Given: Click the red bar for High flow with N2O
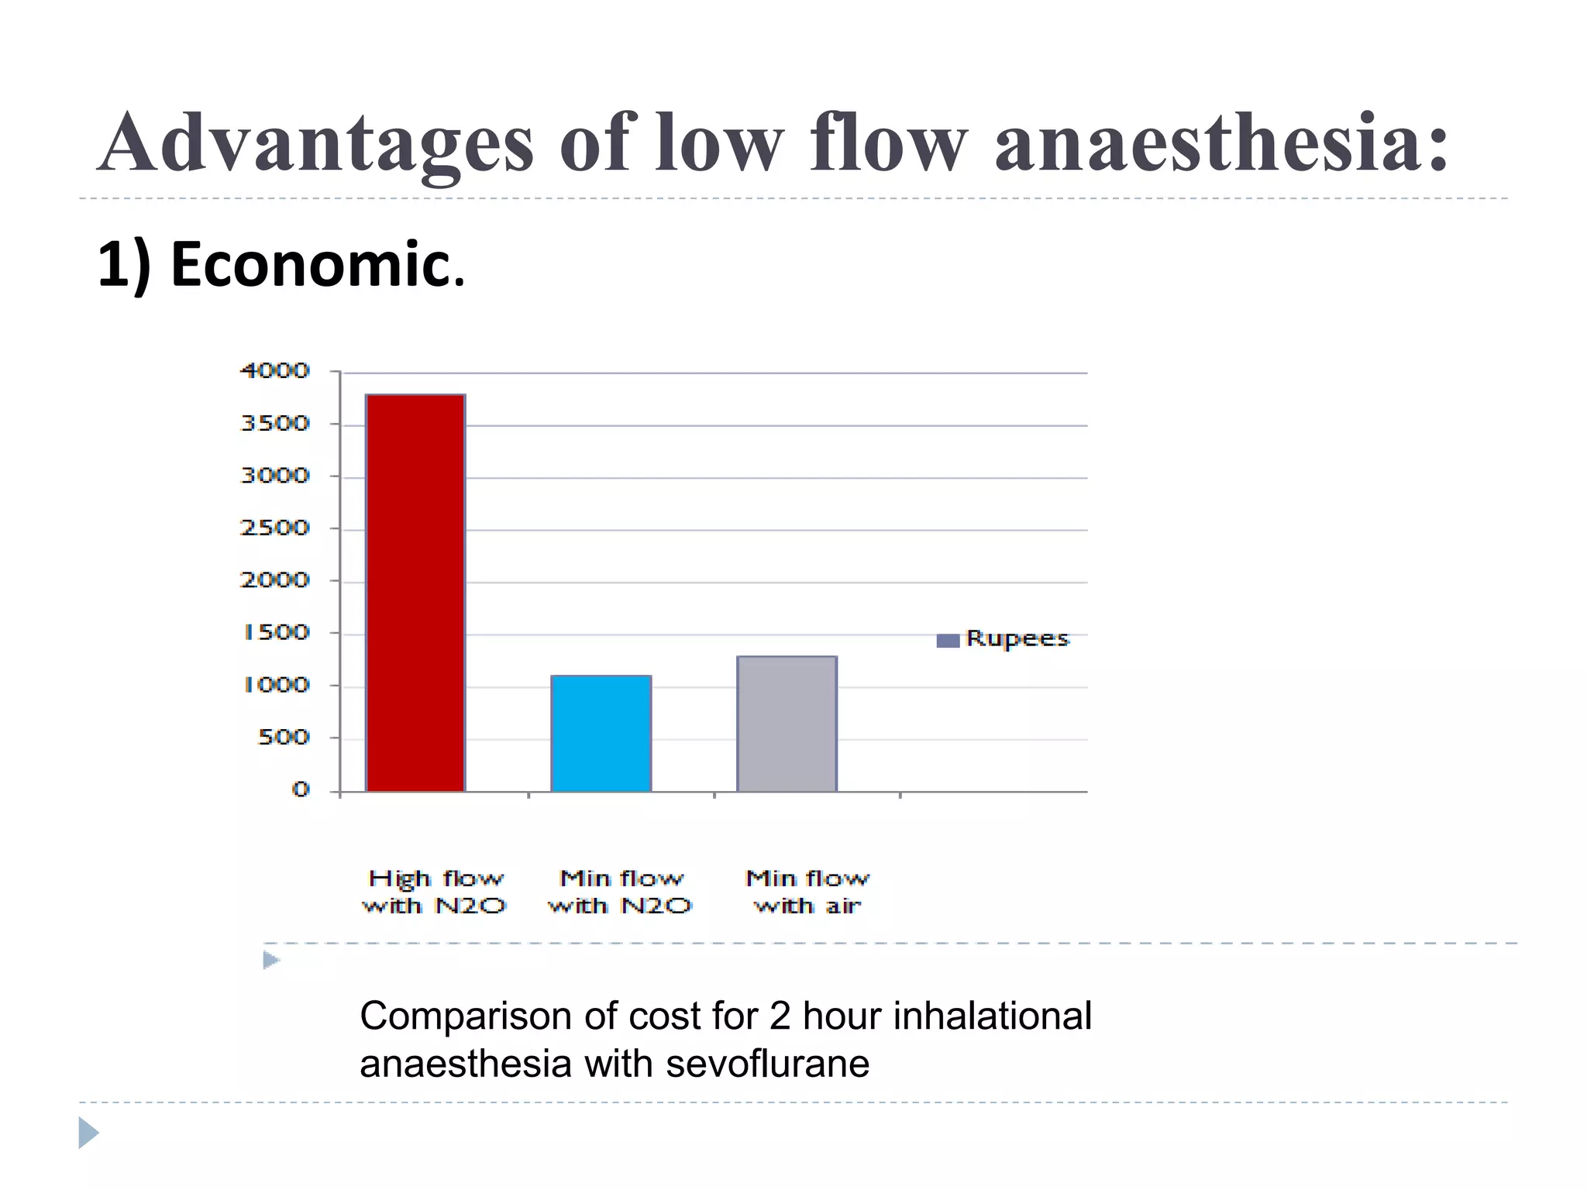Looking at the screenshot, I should [415, 593].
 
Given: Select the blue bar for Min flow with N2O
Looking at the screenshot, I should [601, 733].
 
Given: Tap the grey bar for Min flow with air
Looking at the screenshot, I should [787, 724].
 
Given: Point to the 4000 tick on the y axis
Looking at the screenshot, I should [275, 371].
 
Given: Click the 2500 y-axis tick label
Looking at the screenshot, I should [275, 528].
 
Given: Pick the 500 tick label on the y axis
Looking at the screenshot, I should [283, 738].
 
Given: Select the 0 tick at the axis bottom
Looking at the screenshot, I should [301, 790].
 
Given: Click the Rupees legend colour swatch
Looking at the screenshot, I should [948, 641].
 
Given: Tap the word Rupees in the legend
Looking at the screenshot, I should [1017, 639].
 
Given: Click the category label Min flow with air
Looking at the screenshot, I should [807, 892].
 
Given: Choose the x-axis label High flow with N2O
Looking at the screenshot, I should [435, 892].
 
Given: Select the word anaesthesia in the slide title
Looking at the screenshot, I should [1221, 143].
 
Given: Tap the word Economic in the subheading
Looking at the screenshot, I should [318, 265].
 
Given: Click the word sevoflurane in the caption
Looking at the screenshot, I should [767, 1064].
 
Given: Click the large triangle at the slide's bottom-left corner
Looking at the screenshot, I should [88, 1133].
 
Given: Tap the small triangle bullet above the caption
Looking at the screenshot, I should [270, 961].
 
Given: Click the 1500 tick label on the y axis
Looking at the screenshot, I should [277, 633].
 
